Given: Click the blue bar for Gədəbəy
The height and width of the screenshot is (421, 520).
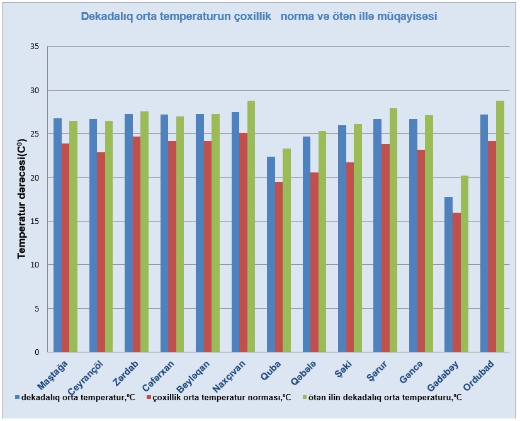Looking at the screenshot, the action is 448,274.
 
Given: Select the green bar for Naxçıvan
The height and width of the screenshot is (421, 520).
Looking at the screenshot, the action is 251,227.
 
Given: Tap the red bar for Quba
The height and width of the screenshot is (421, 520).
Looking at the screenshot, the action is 279,267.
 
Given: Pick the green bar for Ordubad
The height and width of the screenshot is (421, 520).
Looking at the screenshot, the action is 500,227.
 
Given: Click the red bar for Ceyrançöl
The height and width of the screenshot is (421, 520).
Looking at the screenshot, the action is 101,252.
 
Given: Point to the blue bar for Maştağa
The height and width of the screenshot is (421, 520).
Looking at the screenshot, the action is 57,235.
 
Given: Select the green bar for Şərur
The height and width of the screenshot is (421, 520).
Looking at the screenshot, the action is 393,230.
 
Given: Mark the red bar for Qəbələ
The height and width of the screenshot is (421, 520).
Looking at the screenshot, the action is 314,262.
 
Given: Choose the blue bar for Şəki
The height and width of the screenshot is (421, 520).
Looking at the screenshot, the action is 342,239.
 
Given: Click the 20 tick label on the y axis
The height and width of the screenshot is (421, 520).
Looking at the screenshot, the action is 35,177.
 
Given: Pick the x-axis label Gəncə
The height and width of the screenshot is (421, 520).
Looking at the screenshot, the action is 411,372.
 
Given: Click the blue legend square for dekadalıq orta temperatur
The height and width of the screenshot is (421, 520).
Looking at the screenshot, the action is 17,397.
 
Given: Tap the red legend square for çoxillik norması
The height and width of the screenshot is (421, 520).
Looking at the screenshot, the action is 149,397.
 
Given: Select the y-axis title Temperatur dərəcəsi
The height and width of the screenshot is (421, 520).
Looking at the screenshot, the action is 22,199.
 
